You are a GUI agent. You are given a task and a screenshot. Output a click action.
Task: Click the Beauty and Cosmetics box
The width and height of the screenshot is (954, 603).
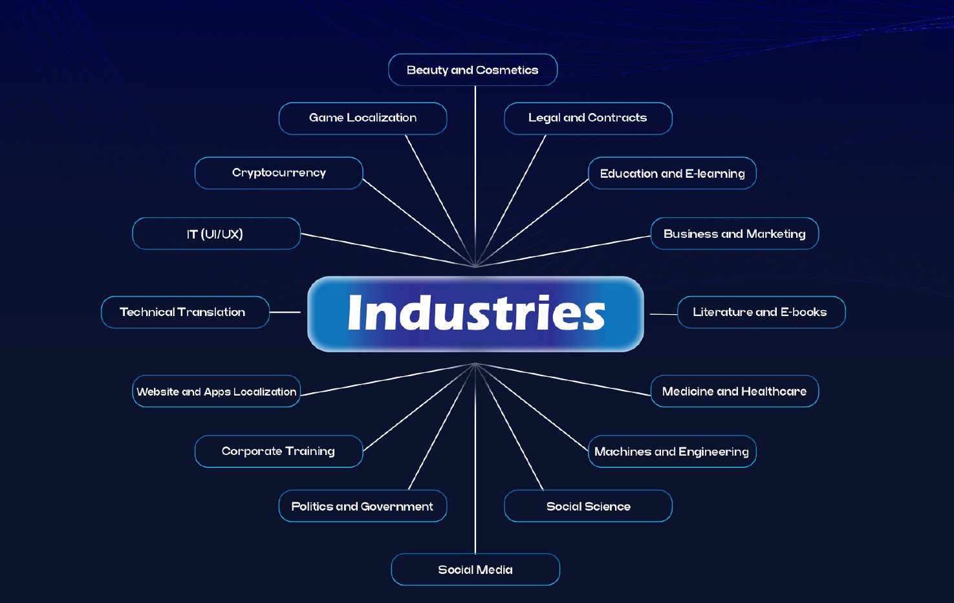click(x=473, y=70)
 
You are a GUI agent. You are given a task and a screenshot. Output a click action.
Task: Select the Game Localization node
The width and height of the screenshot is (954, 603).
click(x=363, y=118)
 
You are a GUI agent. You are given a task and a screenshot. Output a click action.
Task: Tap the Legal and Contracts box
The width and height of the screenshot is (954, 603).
click(x=588, y=118)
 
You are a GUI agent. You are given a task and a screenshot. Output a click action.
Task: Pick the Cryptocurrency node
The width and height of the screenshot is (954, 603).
click(x=279, y=173)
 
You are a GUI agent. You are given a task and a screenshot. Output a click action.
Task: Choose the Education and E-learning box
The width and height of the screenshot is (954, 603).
click(x=672, y=173)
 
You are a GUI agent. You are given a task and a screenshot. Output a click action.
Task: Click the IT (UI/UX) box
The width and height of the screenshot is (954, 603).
click(x=216, y=234)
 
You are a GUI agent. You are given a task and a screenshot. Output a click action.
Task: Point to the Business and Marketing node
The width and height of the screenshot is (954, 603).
click(x=735, y=234)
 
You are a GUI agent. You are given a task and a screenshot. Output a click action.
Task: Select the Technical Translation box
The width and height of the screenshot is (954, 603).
click(x=185, y=312)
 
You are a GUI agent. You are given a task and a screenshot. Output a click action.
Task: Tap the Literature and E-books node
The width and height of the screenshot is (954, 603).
click(x=761, y=312)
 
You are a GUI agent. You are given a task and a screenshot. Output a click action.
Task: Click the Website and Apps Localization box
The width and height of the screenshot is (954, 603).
click(x=216, y=392)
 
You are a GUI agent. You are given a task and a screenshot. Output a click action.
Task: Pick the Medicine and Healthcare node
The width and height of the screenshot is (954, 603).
click(x=735, y=392)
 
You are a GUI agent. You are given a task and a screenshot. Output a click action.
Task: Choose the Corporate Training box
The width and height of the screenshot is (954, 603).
click(x=279, y=451)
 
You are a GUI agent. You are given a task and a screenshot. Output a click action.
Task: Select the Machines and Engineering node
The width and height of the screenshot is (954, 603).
click(x=672, y=451)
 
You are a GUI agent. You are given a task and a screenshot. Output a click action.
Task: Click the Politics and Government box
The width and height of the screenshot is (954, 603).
click(x=363, y=506)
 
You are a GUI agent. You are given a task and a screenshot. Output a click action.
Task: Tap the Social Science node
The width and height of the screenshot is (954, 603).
click(x=588, y=506)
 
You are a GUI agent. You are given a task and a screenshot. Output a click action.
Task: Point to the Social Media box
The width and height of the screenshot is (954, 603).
click(x=475, y=569)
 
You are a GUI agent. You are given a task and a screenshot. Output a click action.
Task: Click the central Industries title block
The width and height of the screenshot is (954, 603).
click(x=475, y=314)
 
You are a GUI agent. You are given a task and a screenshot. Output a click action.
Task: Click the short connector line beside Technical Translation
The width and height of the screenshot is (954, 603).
click(x=285, y=312)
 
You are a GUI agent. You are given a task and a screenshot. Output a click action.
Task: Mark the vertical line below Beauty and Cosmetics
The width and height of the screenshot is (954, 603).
click(x=475, y=168)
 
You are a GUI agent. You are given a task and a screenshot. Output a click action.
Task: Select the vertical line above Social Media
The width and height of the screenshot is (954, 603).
click(x=475, y=465)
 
